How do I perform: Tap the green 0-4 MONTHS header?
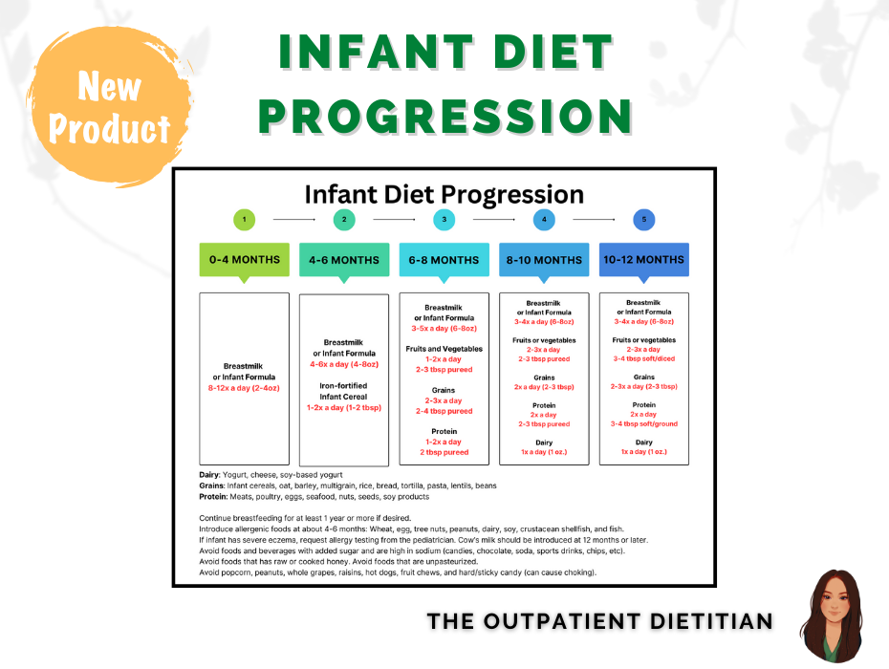244,259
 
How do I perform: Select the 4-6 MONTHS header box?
344,259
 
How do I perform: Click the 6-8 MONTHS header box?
444,259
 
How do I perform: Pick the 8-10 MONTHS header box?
544,259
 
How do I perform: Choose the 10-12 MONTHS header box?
643,259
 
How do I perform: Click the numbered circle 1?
244,220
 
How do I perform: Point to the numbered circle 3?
444,220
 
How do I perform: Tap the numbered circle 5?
643,220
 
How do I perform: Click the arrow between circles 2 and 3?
394,220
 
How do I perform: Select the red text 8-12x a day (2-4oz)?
244,388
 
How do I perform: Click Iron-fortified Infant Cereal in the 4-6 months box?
344,391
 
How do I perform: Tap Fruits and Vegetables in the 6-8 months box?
444,349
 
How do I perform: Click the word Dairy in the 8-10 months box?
544,442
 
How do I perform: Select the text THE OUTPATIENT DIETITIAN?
599,621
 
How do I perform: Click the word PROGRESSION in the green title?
444,116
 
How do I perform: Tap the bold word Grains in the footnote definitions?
211,486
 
